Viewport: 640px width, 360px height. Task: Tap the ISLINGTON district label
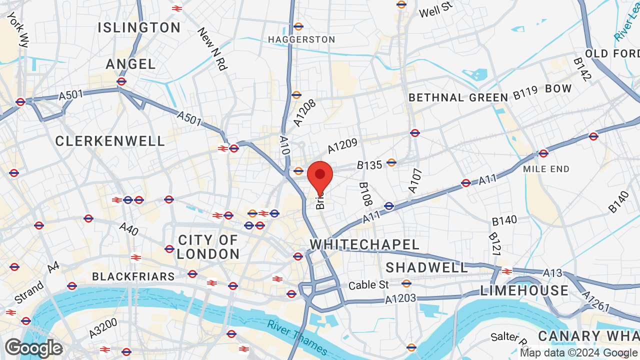pos(139,27)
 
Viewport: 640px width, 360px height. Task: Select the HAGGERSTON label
pos(301,39)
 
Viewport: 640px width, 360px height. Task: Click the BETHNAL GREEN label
pos(458,97)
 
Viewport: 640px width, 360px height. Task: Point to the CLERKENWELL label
pos(110,141)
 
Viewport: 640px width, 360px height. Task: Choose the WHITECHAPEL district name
pos(364,244)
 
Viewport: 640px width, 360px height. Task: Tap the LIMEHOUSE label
pos(524,290)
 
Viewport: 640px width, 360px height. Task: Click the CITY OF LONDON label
pos(208,247)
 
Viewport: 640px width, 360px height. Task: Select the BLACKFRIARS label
pos(133,276)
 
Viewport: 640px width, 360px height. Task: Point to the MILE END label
pos(546,169)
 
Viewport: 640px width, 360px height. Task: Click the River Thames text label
pos(297,338)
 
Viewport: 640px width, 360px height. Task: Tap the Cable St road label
pos(368,285)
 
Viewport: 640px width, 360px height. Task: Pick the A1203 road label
pos(400,299)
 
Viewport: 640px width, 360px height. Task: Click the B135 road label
pos(369,164)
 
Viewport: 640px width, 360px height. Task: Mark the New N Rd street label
pos(212,49)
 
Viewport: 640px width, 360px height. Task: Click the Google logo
pos(33,348)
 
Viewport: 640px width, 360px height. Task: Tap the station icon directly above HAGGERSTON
pos(298,26)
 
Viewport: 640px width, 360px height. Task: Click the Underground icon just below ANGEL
pos(121,81)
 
